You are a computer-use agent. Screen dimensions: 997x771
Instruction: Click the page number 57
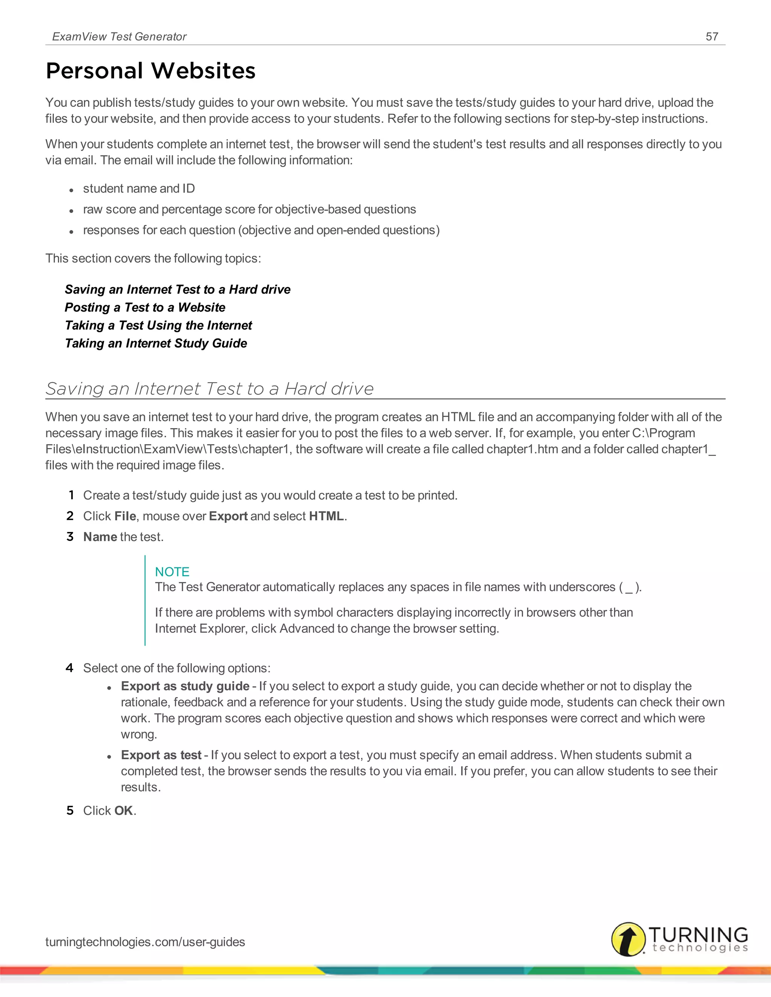pos(712,36)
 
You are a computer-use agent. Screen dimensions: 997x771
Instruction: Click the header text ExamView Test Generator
pos(119,36)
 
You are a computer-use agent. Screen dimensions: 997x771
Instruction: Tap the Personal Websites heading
pos(151,71)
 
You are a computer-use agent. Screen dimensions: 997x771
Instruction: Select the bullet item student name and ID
pos(139,188)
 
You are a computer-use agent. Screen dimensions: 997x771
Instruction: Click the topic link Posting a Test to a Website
pos(145,307)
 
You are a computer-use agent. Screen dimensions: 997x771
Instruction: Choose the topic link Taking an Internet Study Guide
pos(156,343)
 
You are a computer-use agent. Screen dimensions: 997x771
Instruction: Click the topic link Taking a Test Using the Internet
pos(158,325)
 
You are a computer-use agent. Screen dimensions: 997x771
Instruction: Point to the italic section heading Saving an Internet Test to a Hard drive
pos(210,389)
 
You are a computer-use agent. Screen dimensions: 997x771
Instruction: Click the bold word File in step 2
pos(125,516)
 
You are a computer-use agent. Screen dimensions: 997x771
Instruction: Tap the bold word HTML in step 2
pos(326,516)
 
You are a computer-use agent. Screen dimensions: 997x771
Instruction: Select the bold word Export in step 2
pos(228,516)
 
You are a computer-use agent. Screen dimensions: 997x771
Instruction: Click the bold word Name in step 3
pos(100,537)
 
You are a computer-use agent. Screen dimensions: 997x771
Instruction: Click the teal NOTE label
pos(172,571)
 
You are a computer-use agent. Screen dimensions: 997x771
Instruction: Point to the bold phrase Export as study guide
pos(185,686)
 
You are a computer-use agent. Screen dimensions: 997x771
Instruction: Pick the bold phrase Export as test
pos(161,755)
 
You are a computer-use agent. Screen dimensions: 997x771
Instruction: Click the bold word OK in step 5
pos(123,811)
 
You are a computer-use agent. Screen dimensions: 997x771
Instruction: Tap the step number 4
pos(69,668)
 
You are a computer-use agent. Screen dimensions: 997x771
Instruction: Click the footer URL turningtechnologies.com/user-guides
pos(145,942)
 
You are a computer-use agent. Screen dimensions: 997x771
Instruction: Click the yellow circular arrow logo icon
pos(628,939)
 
